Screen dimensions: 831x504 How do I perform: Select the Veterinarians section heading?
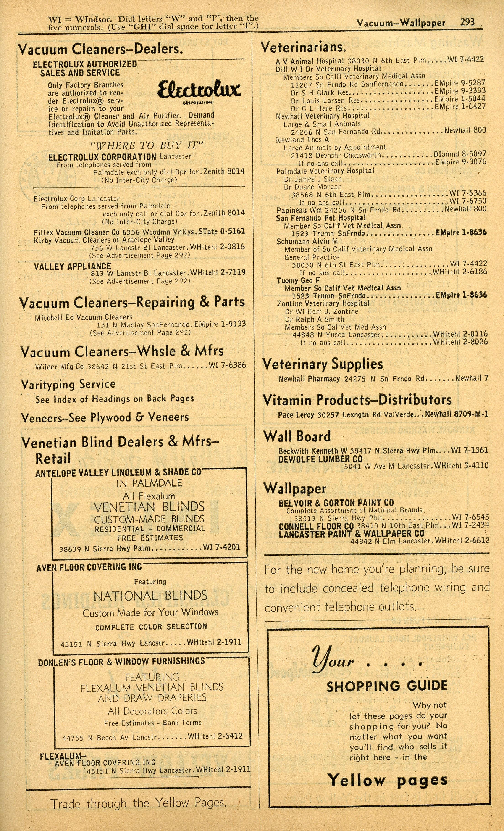coord(303,47)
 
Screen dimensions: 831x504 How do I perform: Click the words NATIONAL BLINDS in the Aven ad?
coord(150,596)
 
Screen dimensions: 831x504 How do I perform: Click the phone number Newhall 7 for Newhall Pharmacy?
coord(472,378)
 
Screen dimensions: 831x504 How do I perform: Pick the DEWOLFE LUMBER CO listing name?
coord(320,459)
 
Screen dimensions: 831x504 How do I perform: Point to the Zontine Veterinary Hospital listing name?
coord(323,303)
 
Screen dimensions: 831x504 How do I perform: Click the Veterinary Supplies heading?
coord(323,364)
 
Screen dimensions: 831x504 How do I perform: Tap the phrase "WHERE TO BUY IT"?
coord(147,146)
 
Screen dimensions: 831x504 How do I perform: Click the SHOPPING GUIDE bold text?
coord(387,686)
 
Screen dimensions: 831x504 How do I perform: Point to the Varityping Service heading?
coord(68,384)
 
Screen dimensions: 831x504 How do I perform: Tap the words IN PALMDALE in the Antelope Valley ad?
coord(149,483)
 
